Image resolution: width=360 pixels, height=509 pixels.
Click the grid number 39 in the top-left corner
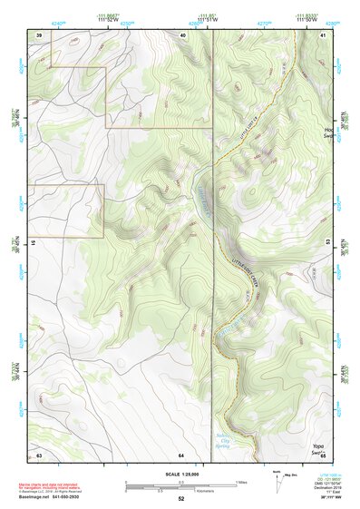39,34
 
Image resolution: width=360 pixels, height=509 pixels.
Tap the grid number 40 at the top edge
182,34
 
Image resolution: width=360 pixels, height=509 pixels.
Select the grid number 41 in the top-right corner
323,34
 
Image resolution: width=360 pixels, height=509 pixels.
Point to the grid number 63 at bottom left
39,454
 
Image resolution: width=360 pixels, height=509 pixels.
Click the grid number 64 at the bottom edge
181,454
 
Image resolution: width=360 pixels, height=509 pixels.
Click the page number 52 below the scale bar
181,498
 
